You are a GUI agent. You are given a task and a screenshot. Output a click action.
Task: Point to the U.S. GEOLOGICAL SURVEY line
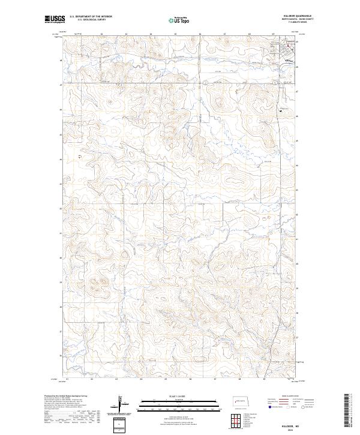(85, 20)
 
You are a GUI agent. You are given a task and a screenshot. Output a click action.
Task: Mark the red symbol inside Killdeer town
(287, 46)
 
